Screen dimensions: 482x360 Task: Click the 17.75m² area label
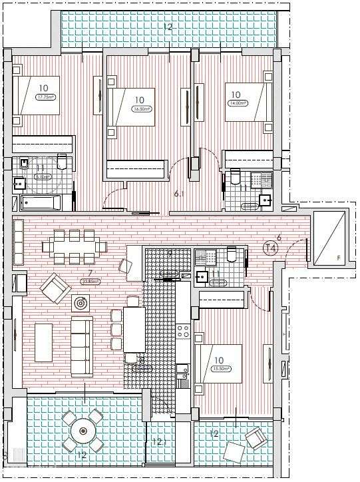(45, 97)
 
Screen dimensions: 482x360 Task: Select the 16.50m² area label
(140, 110)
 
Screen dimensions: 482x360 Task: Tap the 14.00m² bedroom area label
(238, 103)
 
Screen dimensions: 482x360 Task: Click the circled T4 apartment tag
(271, 249)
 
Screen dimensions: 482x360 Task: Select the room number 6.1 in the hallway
(180, 194)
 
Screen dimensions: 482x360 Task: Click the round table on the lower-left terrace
(83, 431)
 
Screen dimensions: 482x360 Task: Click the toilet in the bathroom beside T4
(231, 254)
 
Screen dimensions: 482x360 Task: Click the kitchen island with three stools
(134, 330)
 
